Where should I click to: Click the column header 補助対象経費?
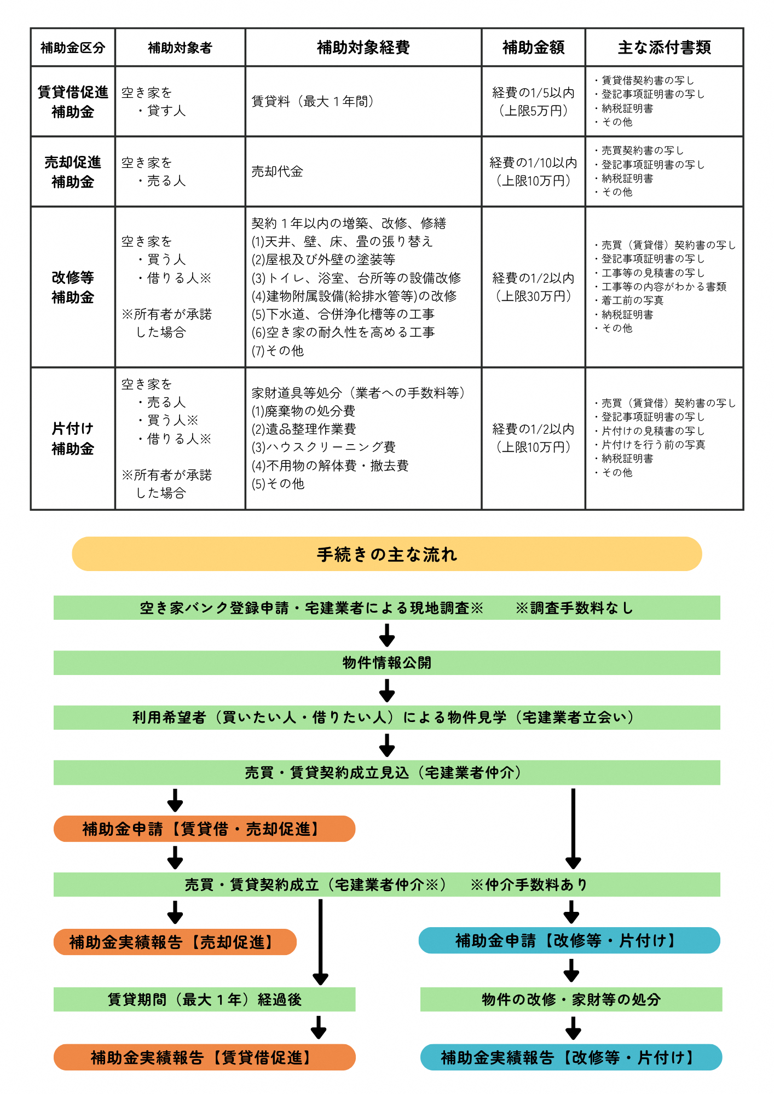pyautogui.click(x=363, y=48)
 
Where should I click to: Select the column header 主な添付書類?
pyautogui.click(x=664, y=48)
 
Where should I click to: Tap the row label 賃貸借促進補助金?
pyautogui.click(x=73, y=102)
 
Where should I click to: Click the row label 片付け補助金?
pyautogui.click(x=73, y=439)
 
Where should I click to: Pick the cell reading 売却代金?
pyautogui.click(x=277, y=172)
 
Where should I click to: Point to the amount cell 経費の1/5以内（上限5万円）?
pyautogui.click(x=533, y=102)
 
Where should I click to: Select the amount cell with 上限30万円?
pyautogui.click(x=533, y=287)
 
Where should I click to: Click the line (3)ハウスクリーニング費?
pyautogui.click(x=324, y=447)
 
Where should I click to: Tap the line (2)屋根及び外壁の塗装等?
pyautogui.click(x=323, y=260)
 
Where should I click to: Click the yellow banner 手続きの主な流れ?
pyautogui.click(x=386, y=554)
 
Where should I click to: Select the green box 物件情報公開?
pyautogui.click(x=386, y=663)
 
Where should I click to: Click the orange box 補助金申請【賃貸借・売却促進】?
pyautogui.click(x=204, y=829)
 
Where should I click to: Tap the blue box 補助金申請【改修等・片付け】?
pyautogui.click(x=569, y=940)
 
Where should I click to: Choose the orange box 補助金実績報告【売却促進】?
pyautogui.click(x=175, y=942)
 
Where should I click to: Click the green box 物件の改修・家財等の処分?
pyautogui.click(x=571, y=999)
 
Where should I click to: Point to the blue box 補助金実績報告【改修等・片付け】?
pyautogui.click(x=571, y=1057)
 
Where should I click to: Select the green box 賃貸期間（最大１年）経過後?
pyautogui.click(x=204, y=999)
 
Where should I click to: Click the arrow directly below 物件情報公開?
pyautogui.click(x=386, y=690)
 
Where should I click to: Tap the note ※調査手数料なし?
pyautogui.click(x=574, y=608)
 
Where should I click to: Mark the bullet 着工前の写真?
pyautogui.click(x=632, y=300)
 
